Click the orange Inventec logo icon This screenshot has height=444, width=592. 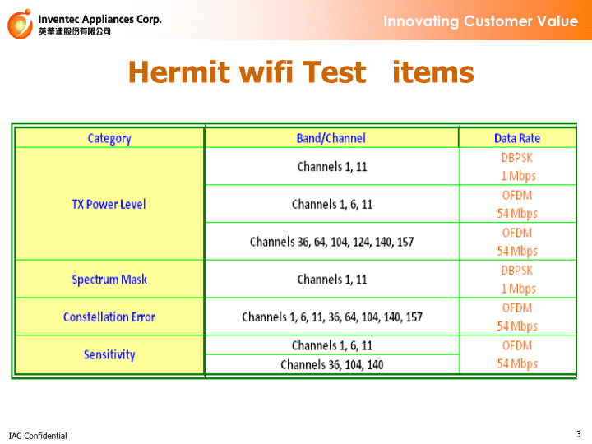20,24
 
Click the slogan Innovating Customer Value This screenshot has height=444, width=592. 481,21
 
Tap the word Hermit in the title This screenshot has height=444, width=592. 179,72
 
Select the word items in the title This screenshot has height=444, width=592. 433,72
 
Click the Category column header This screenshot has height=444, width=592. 109,139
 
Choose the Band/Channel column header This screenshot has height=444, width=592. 331,138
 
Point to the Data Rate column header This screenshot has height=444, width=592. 517,138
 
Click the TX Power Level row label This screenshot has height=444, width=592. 109,204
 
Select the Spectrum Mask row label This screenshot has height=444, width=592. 109,280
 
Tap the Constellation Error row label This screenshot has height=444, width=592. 109,317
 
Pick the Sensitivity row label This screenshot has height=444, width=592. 109,354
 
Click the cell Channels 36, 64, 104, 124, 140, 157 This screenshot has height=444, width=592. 332,242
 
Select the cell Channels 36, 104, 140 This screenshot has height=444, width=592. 332,365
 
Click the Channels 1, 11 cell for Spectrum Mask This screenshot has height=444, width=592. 332,280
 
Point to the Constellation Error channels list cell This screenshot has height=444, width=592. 332,317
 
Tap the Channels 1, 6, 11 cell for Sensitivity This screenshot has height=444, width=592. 332,345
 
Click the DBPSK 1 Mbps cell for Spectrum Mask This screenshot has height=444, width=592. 517,280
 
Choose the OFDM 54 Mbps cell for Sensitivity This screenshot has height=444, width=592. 517,354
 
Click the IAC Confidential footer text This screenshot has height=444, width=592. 38,436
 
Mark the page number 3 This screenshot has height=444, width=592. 579,434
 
